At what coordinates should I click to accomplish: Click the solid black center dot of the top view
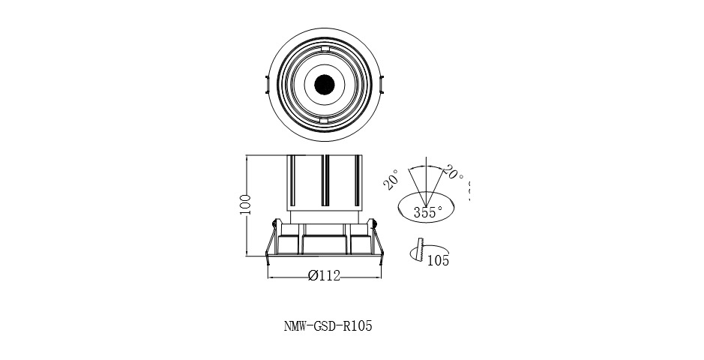pyautogui.click(x=325, y=85)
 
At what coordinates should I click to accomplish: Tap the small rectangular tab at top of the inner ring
pyautogui.click(x=325, y=49)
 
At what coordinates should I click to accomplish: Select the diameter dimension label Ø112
pyautogui.click(x=324, y=276)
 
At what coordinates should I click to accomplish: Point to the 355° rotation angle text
pyautogui.click(x=427, y=212)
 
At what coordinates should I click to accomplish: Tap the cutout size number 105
pyautogui.click(x=438, y=261)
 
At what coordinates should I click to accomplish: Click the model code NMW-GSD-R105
pyautogui.click(x=328, y=326)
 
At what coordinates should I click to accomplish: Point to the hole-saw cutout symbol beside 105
pyautogui.click(x=418, y=251)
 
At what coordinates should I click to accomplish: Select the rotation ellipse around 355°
pyautogui.click(x=427, y=207)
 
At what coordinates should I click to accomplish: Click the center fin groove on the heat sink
pyautogui.click(x=325, y=180)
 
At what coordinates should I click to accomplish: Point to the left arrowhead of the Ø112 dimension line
pyautogui.click(x=271, y=277)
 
